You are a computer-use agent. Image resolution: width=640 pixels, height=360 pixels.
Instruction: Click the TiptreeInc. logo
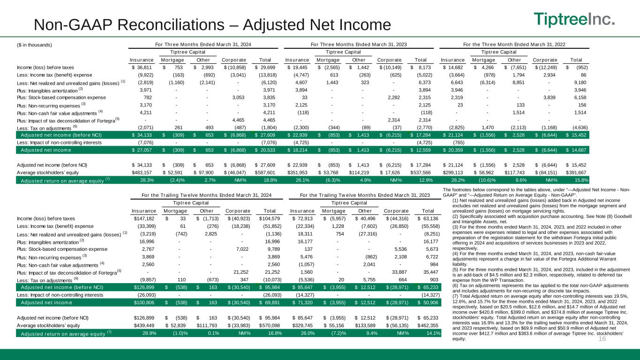tap(575, 20)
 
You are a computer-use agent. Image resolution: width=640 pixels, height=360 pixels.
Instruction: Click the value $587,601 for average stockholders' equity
tap(264, 172)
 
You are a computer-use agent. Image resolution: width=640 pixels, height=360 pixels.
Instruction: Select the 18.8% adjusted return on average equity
tap(268, 180)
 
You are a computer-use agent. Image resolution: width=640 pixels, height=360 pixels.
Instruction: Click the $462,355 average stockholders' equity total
tap(428, 325)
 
